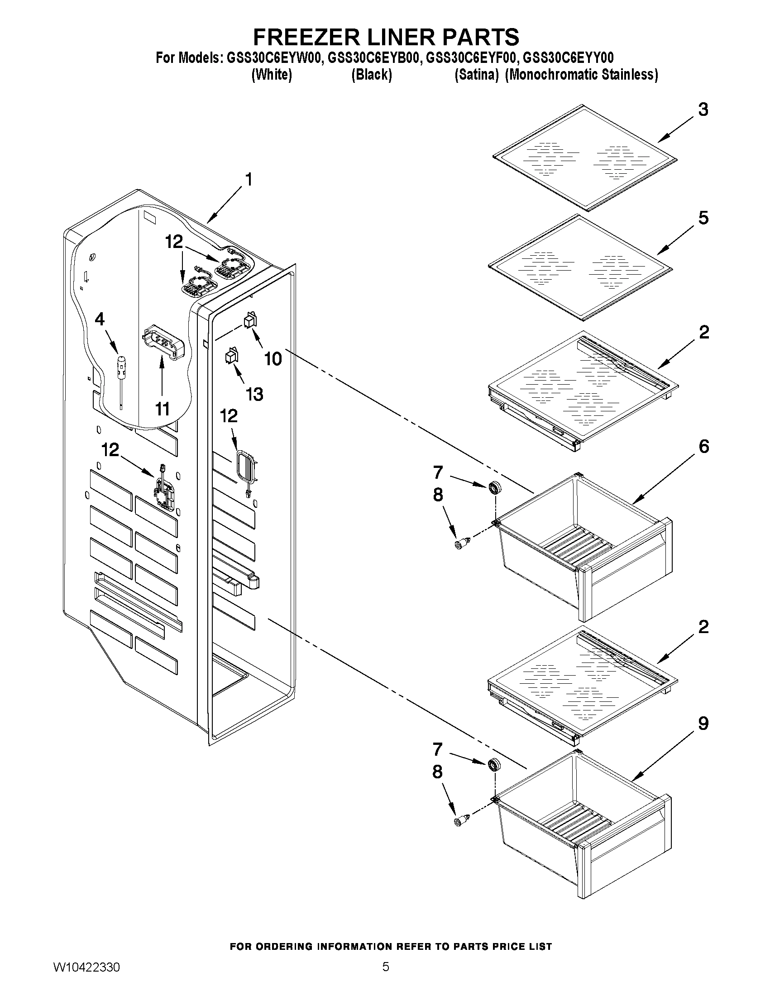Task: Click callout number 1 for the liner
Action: click(249, 180)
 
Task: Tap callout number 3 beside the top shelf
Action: click(703, 110)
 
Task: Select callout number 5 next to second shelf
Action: click(703, 218)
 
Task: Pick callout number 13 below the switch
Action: click(254, 394)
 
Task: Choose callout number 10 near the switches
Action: click(273, 359)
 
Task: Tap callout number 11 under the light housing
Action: click(162, 409)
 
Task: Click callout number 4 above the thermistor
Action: click(100, 319)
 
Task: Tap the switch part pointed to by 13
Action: click(231, 355)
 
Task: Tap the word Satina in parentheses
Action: click(476, 75)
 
